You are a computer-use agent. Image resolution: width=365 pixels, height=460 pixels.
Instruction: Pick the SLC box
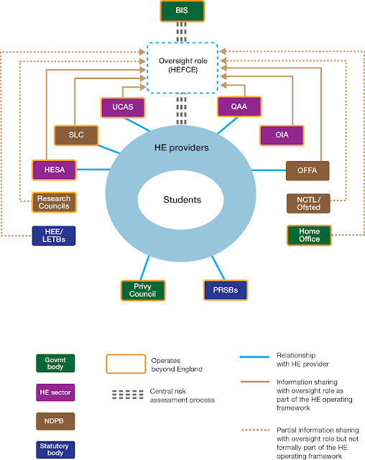(x=76, y=135)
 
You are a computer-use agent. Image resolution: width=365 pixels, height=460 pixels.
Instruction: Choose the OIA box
(x=282, y=135)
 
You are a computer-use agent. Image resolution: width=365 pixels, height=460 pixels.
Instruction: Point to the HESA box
(x=54, y=170)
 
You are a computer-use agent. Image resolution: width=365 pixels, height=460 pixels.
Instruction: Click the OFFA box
(x=308, y=170)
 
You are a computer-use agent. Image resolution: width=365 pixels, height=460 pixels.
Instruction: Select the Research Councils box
(x=54, y=203)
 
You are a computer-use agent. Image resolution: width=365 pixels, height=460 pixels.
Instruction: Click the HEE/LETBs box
(x=54, y=235)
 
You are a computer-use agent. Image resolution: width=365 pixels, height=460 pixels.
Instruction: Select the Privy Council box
(x=142, y=290)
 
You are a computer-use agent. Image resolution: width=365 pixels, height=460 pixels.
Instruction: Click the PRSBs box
(x=225, y=290)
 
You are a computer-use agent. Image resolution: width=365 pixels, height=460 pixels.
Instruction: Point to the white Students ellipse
(x=180, y=200)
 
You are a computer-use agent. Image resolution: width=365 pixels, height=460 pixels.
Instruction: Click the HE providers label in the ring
(x=180, y=147)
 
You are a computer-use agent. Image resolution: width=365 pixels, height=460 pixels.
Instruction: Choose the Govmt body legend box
(x=55, y=363)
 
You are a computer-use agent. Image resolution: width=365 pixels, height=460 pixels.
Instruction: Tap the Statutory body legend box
(x=55, y=449)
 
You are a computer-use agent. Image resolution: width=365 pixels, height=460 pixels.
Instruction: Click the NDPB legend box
(x=55, y=420)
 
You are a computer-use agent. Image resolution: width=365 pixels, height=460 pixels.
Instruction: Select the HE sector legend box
(x=55, y=392)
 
